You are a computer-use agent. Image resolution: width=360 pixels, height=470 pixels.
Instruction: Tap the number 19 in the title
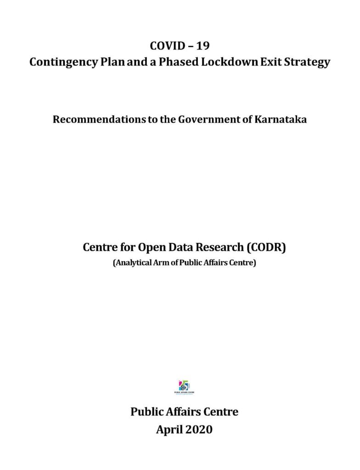[202, 46]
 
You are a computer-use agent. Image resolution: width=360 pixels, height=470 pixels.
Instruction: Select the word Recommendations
[91, 120]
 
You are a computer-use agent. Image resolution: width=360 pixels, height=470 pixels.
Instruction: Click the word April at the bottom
[169, 430]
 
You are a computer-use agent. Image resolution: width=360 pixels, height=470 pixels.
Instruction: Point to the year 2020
[199, 430]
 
